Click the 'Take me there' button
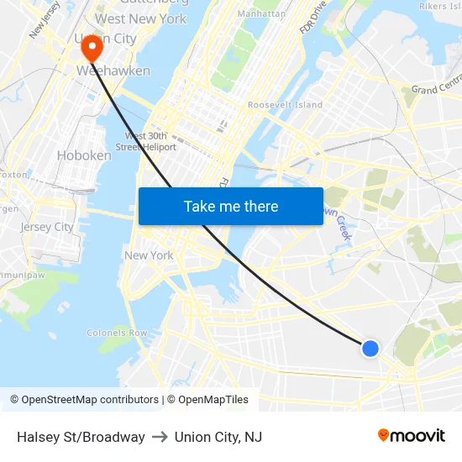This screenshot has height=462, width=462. point(231,207)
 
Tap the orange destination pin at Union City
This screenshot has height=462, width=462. point(91,46)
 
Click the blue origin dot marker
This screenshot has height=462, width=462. point(370,348)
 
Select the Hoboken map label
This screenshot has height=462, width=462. point(84,155)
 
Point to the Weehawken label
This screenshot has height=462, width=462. point(113,71)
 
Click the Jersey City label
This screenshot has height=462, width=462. point(47,227)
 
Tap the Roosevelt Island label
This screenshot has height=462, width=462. point(285,105)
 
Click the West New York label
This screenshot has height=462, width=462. point(141,18)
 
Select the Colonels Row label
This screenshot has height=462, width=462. point(117,333)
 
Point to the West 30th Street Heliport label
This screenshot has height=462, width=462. point(150,141)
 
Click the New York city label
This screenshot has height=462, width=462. point(149,255)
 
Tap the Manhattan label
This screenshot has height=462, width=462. point(262,14)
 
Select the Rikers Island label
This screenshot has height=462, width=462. point(439,6)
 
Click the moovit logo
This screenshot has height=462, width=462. point(411,436)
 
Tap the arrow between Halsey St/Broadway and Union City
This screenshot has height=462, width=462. point(160,437)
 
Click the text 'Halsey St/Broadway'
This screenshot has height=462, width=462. point(81,437)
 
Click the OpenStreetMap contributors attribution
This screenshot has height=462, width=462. point(84,400)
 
